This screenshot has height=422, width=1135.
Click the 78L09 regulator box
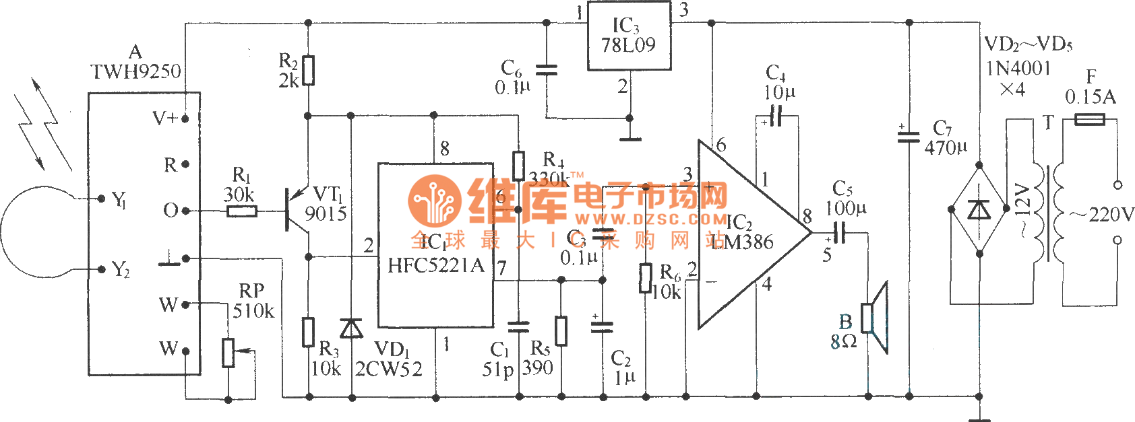click(x=629, y=36)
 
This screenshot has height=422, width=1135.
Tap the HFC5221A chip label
click(x=435, y=265)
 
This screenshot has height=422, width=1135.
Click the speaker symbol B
click(x=876, y=318)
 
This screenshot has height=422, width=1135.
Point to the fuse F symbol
click(x=1089, y=120)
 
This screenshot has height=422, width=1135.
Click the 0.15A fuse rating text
click(x=1090, y=98)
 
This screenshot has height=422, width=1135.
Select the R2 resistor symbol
click(x=309, y=70)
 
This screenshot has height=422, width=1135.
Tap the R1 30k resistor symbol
click(x=241, y=211)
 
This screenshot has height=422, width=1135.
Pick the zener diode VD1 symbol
click(x=351, y=328)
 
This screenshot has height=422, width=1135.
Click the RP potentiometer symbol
click(x=229, y=352)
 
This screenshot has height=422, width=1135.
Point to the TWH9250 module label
click(x=135, y=71)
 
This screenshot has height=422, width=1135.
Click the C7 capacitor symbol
click(x=909, y=137)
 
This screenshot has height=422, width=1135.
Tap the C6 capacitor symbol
click(x=546, y=69)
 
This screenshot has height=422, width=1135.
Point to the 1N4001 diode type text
click(x=1018, y=68)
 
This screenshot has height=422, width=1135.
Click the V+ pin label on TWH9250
click(x=164, y=118)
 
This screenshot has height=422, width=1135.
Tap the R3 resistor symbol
click(x=309, y=332)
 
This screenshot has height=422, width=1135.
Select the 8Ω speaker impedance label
click(x=843, y=342)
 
